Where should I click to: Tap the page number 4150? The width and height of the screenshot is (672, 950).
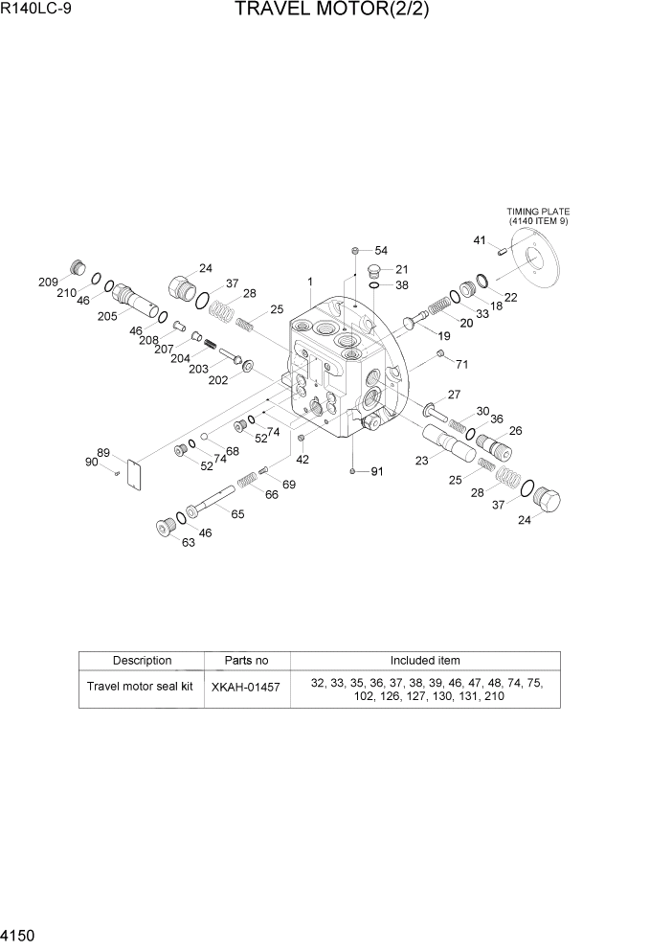click(22, 934)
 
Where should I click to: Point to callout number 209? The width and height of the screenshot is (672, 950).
click(48, 282)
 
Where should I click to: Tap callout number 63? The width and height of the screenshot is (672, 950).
click(188, 543)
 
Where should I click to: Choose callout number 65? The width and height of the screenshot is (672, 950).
click(236, 514)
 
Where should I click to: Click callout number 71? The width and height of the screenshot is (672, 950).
click(461, 364)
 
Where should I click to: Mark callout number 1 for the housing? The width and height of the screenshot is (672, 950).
click(310, 282)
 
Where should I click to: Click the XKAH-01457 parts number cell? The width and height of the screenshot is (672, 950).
click(246, 688)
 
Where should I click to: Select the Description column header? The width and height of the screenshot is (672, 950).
click(142, 661)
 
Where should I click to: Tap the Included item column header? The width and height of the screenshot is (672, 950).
click(424, 661)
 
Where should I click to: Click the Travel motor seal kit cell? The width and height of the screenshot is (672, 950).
click(140, 688)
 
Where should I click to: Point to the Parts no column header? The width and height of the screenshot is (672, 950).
click(246, 661)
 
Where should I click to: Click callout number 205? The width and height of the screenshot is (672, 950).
click(106, 316)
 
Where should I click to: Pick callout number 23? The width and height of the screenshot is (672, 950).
click(421, 460)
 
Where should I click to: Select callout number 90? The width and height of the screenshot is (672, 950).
click(92, 463)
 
